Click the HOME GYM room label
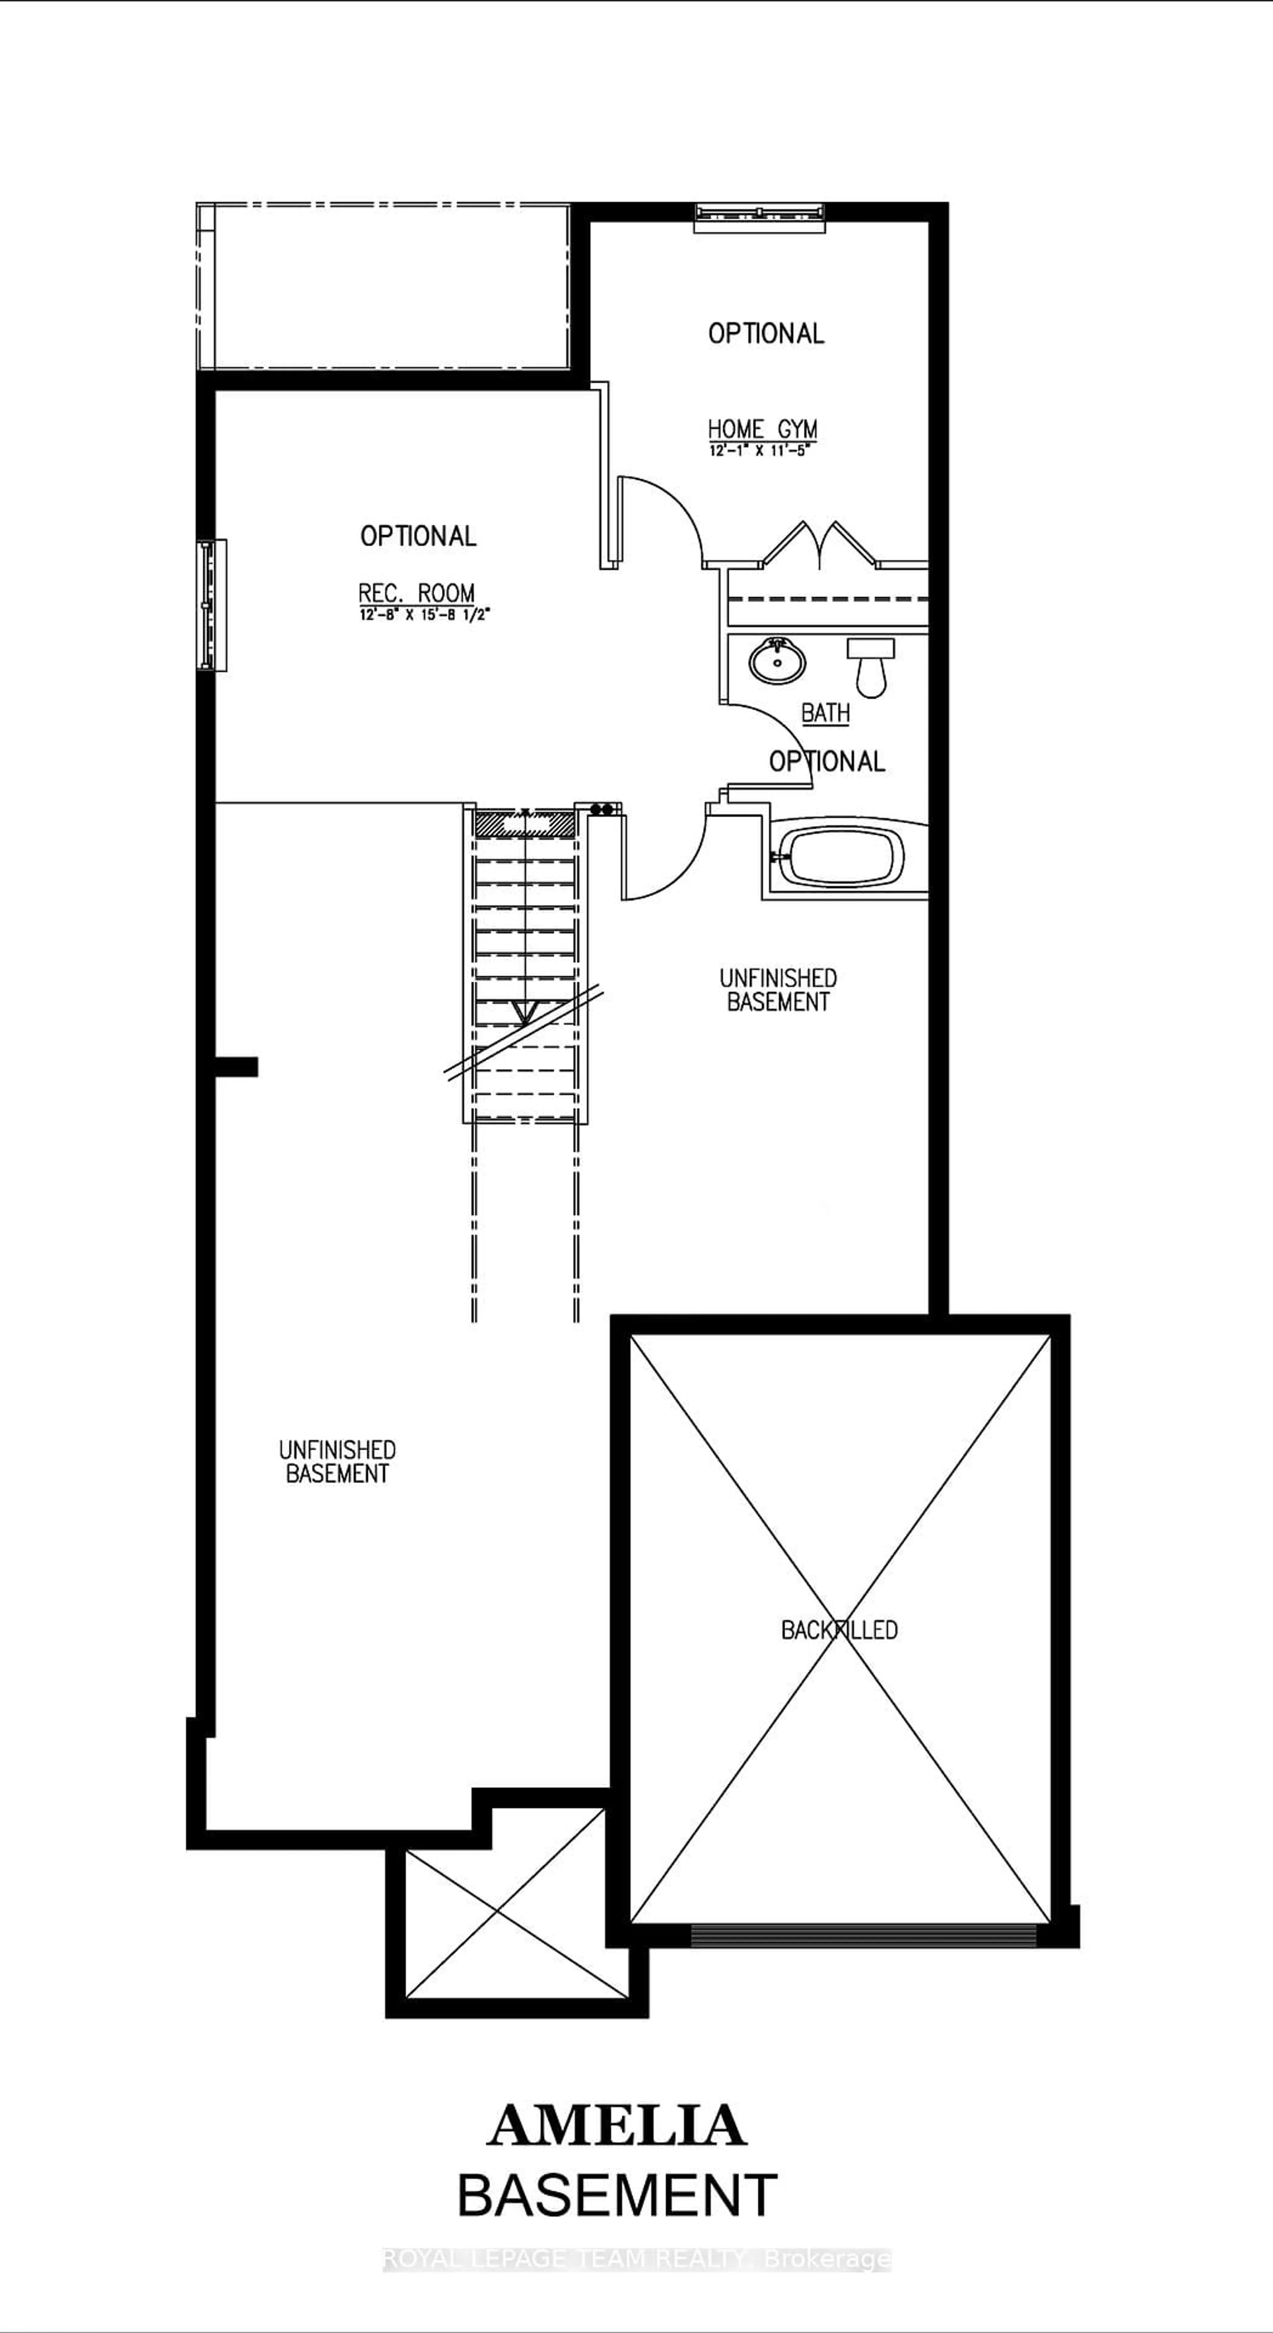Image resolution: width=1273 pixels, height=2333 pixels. coord(762,428)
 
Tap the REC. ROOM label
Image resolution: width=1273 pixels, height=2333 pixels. coord(416,593)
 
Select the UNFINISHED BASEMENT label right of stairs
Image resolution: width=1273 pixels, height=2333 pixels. coord(778,990)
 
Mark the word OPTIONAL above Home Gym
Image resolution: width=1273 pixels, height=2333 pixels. coord(766,333)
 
